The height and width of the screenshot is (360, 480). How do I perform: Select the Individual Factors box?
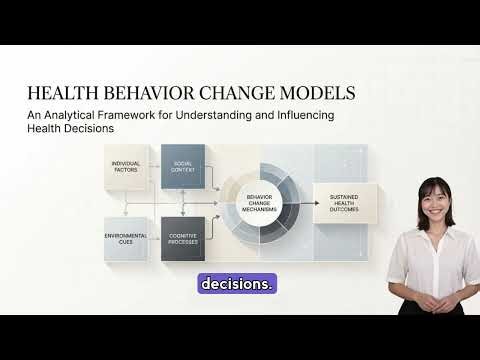(125, 166)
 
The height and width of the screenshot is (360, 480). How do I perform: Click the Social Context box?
(183, 166)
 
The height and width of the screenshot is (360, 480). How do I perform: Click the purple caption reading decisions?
(237, 284)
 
